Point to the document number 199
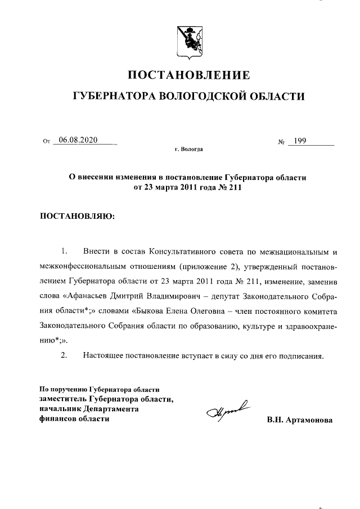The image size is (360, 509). point(300,141)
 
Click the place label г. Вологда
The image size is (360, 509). point(188,150)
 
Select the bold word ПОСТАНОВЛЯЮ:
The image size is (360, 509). point(77,215)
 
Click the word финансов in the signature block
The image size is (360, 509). point(56,419)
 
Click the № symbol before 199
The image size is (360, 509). point(281,141)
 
